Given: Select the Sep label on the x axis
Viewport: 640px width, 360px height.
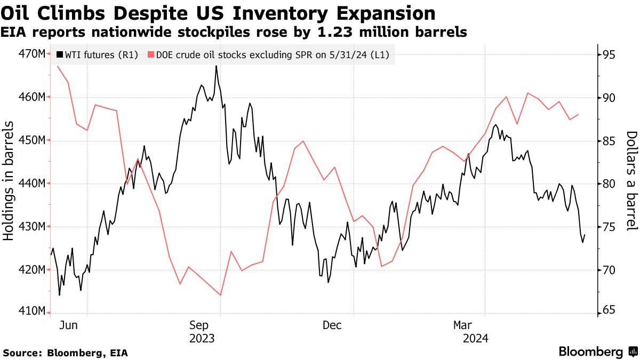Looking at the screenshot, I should pos(199,325).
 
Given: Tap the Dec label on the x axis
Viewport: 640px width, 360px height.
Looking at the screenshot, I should pos(332,325).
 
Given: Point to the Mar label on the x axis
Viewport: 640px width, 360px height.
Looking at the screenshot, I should pos(463,325).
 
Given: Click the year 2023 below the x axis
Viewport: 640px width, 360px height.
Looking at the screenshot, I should pos(202,338).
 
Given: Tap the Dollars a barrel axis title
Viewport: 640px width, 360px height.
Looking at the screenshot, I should pos(631,181).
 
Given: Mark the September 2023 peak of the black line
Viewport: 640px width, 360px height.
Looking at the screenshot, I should pos(216,66).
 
